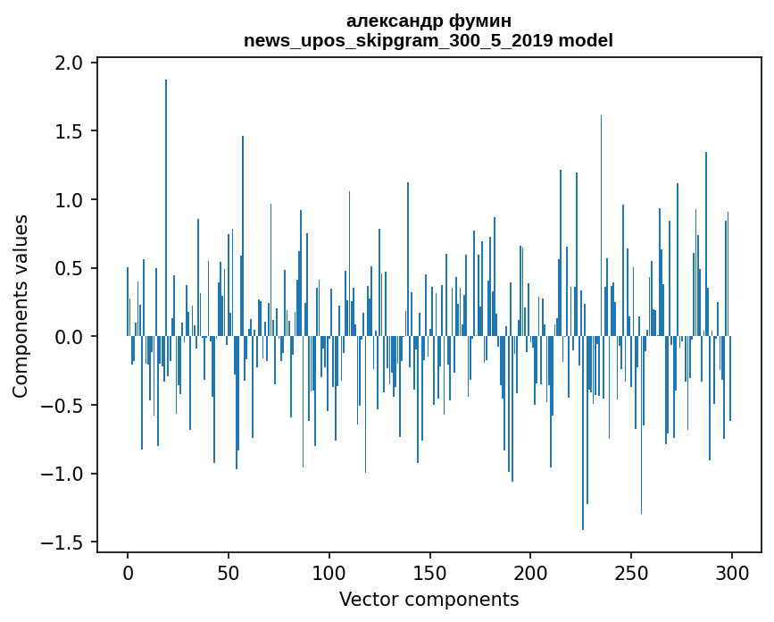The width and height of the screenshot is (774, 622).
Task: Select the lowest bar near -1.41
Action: coord(583,433)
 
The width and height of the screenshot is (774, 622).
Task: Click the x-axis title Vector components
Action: coord(429,599)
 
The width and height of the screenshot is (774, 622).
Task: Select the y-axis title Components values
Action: coord(21,306)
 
